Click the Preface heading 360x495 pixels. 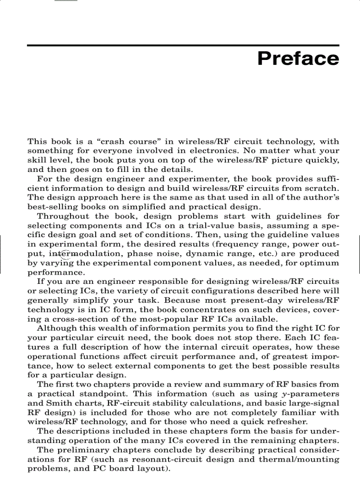tap(298, 59)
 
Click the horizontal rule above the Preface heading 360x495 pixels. tap(183, 45)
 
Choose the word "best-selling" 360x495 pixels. tap(49, 207)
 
